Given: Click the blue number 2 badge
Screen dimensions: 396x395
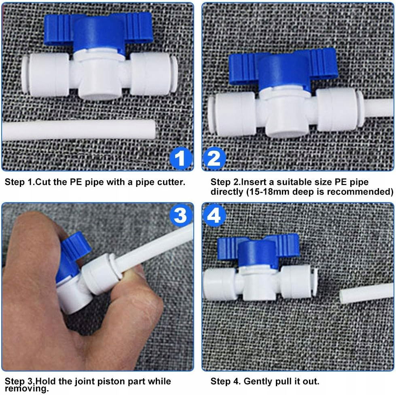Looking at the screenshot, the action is [214, 158].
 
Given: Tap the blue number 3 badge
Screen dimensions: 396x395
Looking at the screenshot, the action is [180, 215].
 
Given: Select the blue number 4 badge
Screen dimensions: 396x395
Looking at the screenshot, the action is [214, 215].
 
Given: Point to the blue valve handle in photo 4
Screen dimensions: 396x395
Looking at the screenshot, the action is [258, 250].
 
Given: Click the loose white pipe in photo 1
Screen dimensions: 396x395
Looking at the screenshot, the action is [79, 130].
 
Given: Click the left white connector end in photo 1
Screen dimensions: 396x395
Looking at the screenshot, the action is [45, 75].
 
